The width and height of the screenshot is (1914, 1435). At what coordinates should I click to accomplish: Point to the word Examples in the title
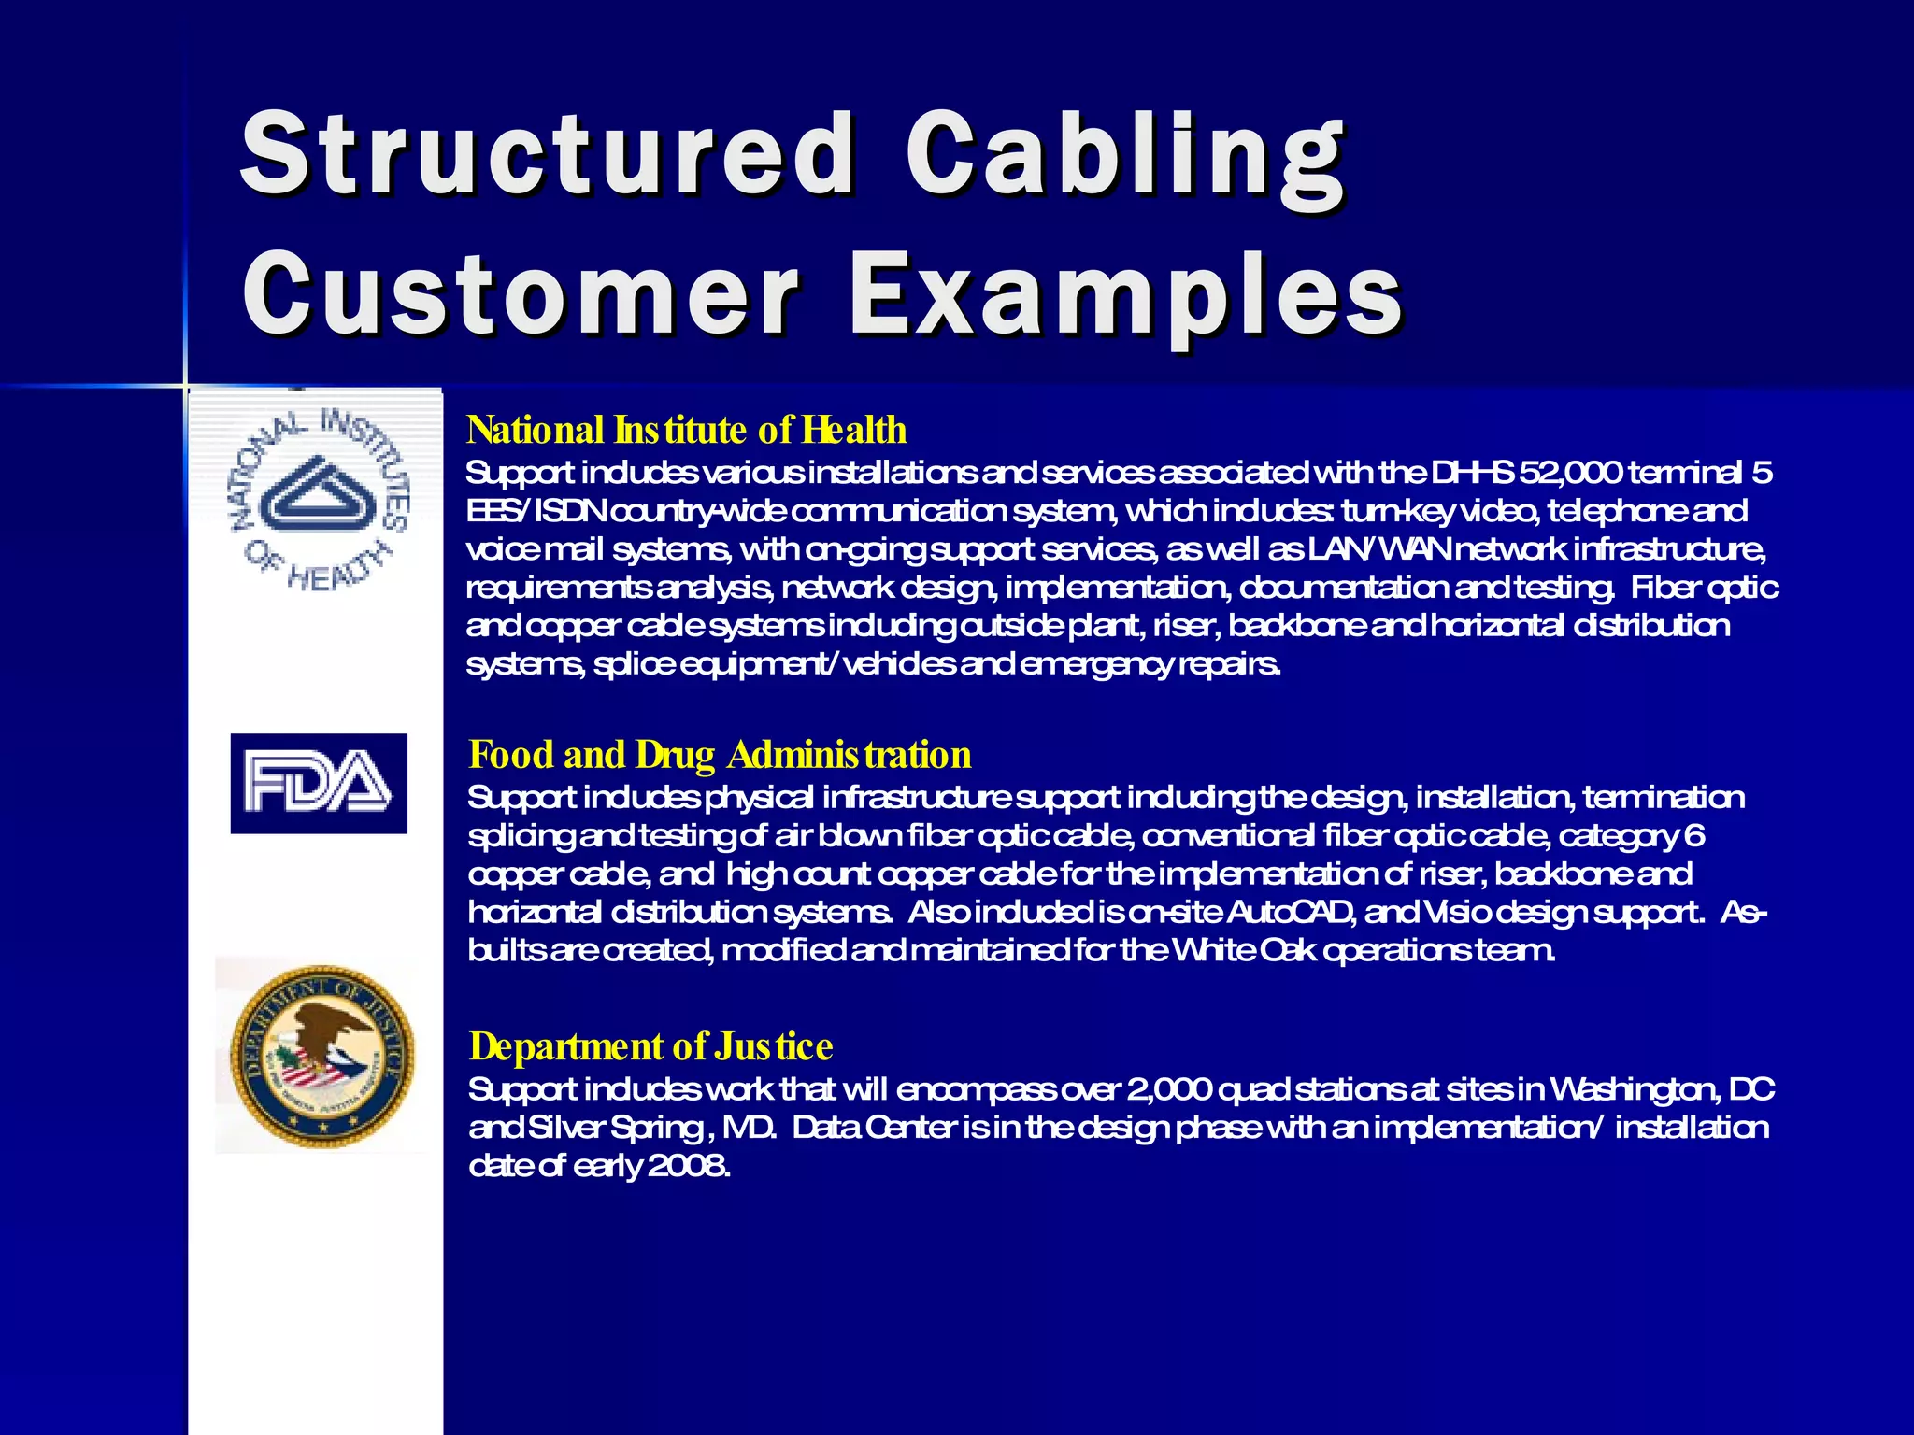coord(1125,297)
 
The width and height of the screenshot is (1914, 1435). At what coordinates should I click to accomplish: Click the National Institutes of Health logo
coord(319,501)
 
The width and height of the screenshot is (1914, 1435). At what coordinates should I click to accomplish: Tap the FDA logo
coord(319,783)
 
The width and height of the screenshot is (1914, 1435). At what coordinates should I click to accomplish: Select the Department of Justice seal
coord(321,1057)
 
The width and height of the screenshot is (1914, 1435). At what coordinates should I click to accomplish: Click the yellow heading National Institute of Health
coord(686,430)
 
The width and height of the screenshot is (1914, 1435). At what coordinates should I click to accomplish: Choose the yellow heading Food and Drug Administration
coord(720,754)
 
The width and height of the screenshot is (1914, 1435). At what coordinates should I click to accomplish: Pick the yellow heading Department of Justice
coord(650,1046)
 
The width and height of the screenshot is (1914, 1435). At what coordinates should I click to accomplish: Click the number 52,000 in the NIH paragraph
coord(1570,473)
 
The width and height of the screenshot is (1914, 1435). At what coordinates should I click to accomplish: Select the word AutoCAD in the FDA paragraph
coord(1291,912)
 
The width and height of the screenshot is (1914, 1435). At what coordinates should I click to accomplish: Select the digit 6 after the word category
coord(1694,835)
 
